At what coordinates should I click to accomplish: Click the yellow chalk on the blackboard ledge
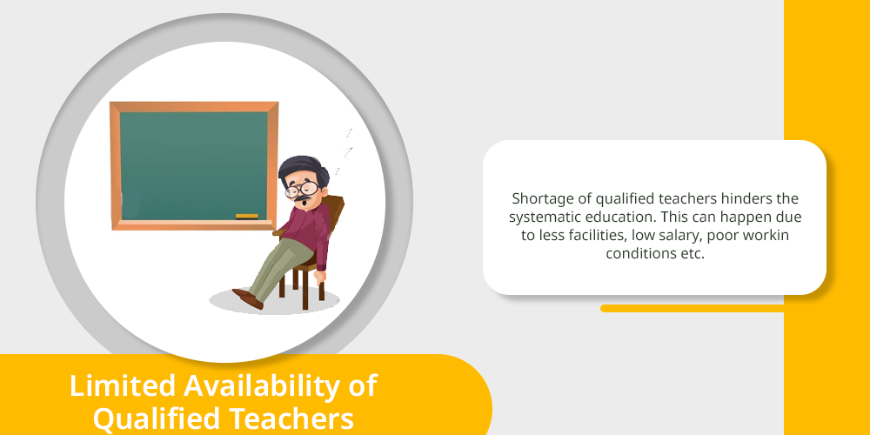point(247,217)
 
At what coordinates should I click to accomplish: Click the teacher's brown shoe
point(247,298)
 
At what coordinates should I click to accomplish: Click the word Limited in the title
point(123,385)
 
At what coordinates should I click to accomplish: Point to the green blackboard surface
point(194,166)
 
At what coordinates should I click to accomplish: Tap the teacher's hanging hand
point(320,277)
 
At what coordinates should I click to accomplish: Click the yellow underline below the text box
point(692,309)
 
